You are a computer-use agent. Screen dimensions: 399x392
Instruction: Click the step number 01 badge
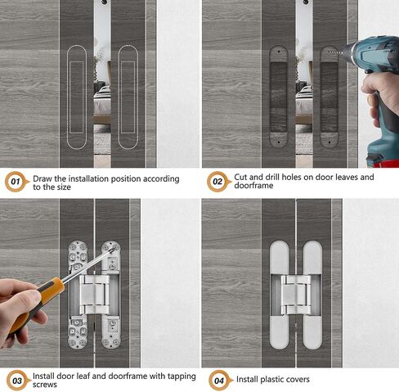[x=16, y=182]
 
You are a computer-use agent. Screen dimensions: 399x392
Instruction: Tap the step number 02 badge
[x=218, y=182]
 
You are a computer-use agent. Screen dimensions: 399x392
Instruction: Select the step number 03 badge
[x=17, y=381]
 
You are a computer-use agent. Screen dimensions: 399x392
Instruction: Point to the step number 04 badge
[x=220, y=381]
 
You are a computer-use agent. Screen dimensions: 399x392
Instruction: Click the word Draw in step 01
[x=43, y=178]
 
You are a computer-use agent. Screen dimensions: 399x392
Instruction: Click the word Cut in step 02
[x=240, y=177]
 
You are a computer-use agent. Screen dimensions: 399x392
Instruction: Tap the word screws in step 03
[x=45, y=385]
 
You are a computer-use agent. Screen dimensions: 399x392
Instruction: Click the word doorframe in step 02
[x=253, y=186]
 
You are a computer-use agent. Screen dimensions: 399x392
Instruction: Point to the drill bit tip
[x=330, y=52]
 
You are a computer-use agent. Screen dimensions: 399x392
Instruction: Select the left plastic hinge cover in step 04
[x=280, y=295]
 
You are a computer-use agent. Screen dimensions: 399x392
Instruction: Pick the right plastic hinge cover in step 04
[x=312, y=295]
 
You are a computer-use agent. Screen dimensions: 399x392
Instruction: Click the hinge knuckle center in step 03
[x=94, y=295]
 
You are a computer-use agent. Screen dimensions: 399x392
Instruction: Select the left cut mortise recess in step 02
[x=279, y=97]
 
